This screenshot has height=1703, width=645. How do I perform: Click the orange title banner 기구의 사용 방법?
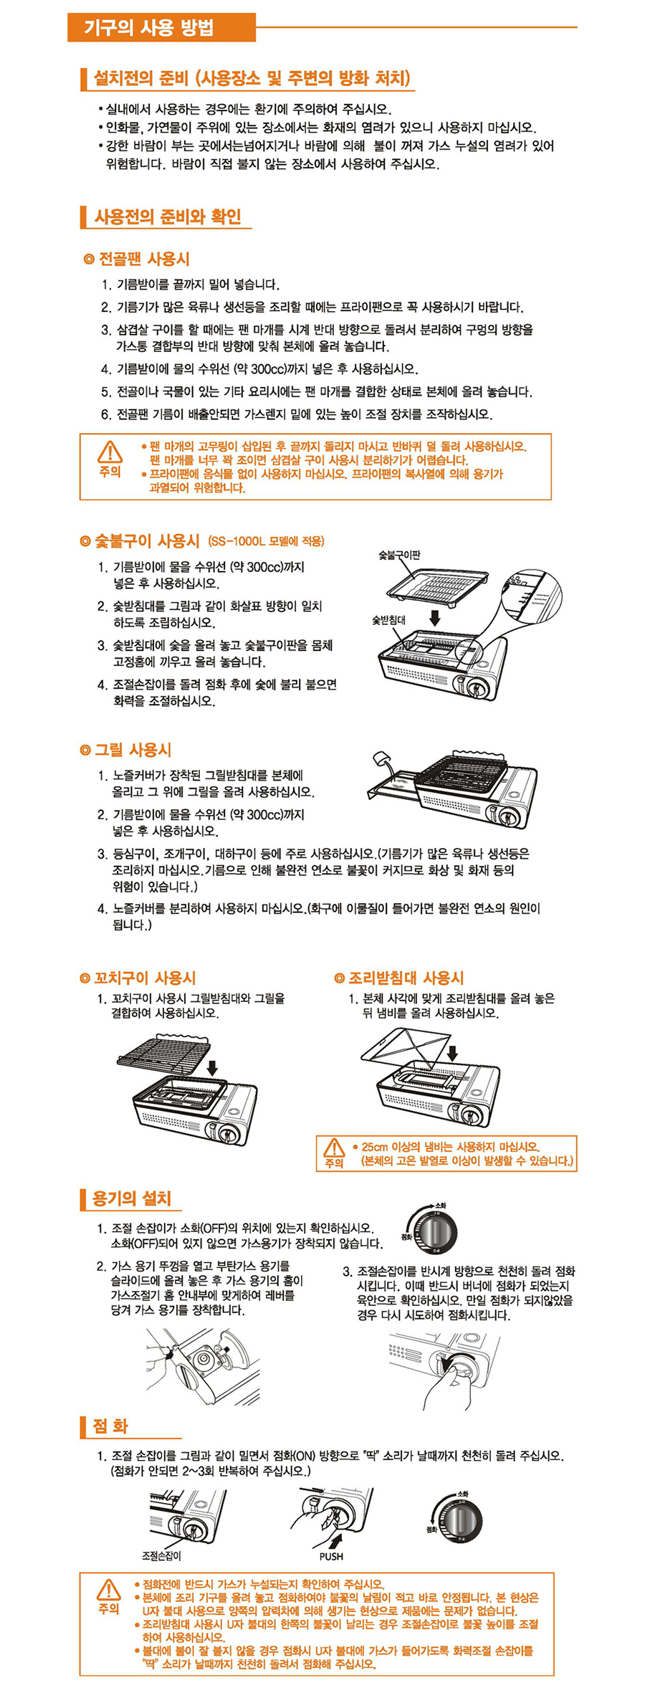point(161,28)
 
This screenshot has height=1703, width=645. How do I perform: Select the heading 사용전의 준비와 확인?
point(168,216)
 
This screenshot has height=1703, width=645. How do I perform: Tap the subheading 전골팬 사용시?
point(137,259)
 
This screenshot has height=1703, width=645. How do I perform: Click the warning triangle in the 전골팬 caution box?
point(110,452)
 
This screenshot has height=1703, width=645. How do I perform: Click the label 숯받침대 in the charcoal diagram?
point(388,620)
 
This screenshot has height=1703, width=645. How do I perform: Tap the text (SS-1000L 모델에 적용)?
point(266,541)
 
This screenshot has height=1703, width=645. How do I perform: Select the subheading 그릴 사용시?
point(126,750)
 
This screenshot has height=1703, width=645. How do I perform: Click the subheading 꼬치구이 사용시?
point(138,978)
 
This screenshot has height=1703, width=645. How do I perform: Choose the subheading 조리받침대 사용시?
point(399,978)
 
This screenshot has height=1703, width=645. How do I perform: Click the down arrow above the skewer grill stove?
point(212,1067)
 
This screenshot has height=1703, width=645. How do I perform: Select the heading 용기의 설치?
point(132,1198)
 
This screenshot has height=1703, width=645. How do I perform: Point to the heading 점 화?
point(110,1426)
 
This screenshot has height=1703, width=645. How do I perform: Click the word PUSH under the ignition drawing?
point(331,1557)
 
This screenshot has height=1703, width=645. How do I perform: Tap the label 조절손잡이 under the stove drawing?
point(161,1556)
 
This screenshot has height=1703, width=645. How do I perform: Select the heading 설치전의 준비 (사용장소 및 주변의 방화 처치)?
point(252,78)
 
